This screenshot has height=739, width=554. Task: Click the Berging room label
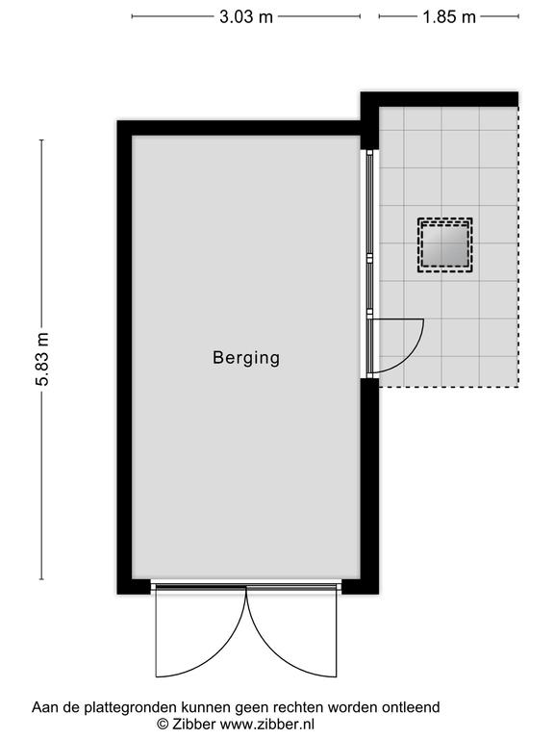click(246, 358)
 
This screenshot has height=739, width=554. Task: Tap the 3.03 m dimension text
click(246, 17)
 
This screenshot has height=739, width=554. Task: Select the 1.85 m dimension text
click(449, 17)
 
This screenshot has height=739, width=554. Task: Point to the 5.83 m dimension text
click(42, 359)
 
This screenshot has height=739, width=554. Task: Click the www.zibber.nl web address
click(267, 724)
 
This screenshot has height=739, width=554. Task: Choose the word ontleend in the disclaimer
click(411, 707)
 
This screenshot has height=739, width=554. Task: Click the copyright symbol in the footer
click(163, 724)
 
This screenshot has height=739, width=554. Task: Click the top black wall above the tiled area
click(440, 99)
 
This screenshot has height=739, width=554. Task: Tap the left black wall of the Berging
click(124, 357)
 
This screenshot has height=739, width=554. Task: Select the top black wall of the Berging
click(239, 128)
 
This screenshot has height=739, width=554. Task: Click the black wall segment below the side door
click(369, 485)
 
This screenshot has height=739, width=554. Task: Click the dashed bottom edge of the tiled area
click(449, 388)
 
